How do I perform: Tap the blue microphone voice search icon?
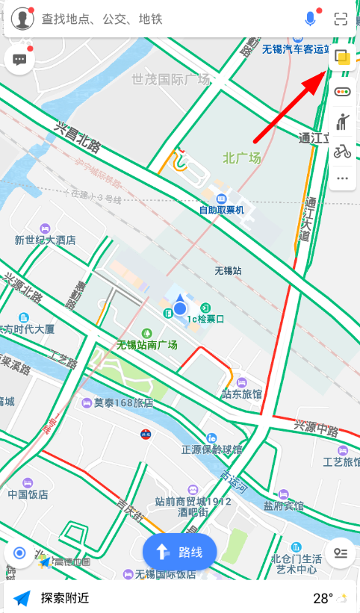310,19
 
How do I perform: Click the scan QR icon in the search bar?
341,19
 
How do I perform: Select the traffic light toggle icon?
343,93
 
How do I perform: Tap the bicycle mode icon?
343,152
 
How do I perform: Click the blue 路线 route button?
179,553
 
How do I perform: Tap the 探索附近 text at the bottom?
65,598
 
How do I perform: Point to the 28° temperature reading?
323,598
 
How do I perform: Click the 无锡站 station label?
228,271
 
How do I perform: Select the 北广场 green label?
242,158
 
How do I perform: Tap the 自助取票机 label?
221,210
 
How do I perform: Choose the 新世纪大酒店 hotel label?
46,240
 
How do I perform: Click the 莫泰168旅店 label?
123,402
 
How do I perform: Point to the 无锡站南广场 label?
147,345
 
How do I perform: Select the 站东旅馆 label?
242,393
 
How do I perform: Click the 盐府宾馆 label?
284,505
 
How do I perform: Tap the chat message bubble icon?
19,60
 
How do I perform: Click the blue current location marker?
180,308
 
